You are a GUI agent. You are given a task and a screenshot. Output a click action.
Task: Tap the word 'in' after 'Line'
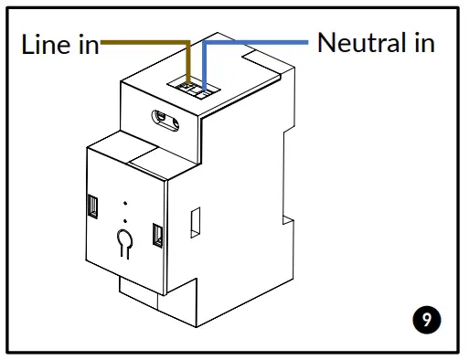[x=89, y=46]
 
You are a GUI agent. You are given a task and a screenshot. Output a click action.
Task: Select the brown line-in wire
[x=146, y=41]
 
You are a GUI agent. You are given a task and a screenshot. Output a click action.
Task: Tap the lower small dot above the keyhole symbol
[x=124, y=220]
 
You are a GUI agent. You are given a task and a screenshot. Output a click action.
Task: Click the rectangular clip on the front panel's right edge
[x=156, y=236]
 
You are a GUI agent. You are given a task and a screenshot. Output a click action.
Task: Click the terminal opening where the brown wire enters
[x=188, y=87]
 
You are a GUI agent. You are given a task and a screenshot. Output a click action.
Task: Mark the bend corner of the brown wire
[x=188, y=41]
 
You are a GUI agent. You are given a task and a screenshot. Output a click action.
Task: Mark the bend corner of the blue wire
[x=205, y=42]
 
